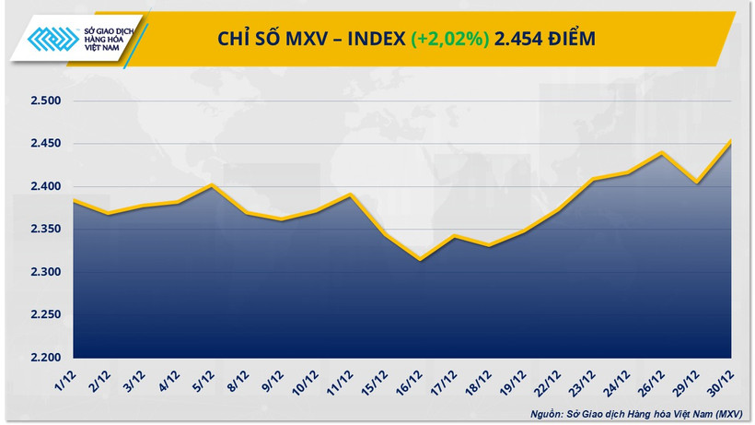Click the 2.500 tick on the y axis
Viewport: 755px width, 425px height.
point(41,101)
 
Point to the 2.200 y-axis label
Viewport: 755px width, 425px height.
point(41,358)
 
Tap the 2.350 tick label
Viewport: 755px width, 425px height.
point(41,230)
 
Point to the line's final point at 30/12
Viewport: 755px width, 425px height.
point(731,141)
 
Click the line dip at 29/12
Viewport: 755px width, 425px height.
point(696,183)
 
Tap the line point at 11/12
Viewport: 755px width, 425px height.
point(350,195)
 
